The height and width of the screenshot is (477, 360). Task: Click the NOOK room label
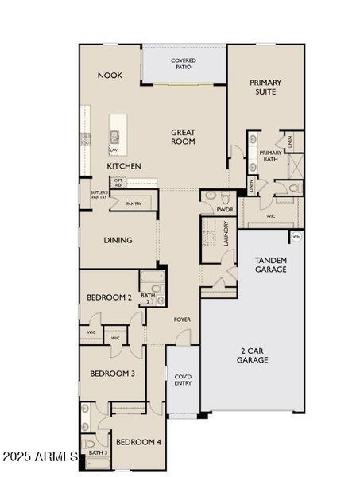click(110, 76)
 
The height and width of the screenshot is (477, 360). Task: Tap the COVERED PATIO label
click(184, 64)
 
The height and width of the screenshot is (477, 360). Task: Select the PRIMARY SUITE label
click(265, 87)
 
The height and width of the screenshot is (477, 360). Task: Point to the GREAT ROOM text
click(183, 137)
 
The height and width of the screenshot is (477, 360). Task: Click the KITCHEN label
click(124, 166)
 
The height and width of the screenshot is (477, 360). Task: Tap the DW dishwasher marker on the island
click(114, 149)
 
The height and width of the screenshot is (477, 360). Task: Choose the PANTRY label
click(134, 204)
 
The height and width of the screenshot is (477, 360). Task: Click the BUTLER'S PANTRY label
click(99, 195)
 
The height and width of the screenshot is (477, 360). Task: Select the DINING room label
click(118, 240)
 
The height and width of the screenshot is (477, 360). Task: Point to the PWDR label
click(225, 209)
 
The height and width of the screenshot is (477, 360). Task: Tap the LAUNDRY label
click(226, 234)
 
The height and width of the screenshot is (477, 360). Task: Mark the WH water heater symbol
click(296, 237)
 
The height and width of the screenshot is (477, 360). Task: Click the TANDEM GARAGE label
click(270, 265)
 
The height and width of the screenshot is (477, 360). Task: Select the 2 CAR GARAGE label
click(252, 355)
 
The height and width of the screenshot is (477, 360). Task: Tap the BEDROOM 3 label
click(111, 374)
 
